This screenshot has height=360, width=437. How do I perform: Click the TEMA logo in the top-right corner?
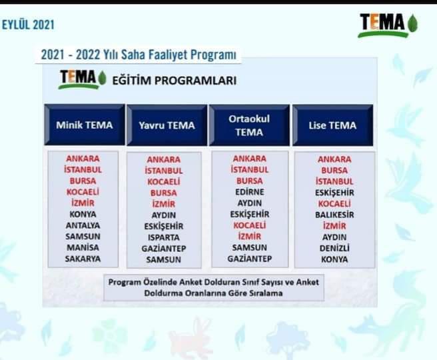(x=388, y=25)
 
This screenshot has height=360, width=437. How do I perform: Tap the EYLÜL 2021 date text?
(x=28, y=25)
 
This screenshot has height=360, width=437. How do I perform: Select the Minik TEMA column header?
(x=85, y=125)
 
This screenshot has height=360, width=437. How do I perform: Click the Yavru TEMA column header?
(x=167, y=125)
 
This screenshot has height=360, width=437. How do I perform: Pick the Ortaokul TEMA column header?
(x=249, y=125)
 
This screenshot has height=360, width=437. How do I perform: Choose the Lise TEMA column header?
(x=332, y=125)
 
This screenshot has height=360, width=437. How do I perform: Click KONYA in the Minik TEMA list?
(x=83, y=214)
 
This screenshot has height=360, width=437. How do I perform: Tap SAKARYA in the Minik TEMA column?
(x=83, y=259)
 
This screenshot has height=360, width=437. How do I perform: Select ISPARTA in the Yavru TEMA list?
(x=164, y=237)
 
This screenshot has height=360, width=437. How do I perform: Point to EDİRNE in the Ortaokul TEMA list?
(x=249, y=192)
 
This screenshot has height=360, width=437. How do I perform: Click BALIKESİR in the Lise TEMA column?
(x=334, y=215)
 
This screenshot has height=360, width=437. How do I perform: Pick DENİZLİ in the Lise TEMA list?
(x=334, y=248)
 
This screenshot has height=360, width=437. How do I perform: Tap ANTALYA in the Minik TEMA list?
(x=83, y=225)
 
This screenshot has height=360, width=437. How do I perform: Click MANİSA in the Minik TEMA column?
(x=83, y=247)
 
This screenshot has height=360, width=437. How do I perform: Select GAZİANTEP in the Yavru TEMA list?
(x=164, y=249)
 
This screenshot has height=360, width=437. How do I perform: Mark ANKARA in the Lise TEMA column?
(x=334, y=159)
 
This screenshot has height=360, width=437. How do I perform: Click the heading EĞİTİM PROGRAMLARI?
(x=174, y=81)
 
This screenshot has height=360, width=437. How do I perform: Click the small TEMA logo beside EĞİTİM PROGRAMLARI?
(x=82, y=79)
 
